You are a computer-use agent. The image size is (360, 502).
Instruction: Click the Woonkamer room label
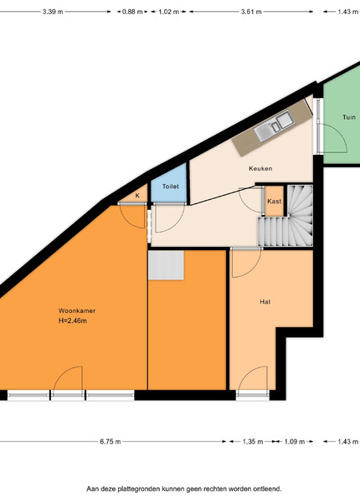(x=77, y=310)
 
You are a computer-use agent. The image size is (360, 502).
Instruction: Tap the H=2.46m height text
(x=73, y=320)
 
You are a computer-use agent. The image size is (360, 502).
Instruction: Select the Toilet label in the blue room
(x=171, y=187)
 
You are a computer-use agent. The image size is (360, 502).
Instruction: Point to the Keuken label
(x=260, y=168)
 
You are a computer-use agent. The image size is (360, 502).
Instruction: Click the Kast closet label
(x=274, y=201)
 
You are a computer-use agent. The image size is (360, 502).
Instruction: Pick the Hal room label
(x=265, y=301)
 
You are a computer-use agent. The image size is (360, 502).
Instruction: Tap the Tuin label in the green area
(x=349, y=117)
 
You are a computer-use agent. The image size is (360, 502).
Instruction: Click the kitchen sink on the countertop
(x=274, y=125)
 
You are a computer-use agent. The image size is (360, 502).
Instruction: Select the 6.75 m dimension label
(x=111, y=442)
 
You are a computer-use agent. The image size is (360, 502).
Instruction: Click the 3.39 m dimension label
(x=53, y=12)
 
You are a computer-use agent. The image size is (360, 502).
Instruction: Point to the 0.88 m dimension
(x=132, y=12)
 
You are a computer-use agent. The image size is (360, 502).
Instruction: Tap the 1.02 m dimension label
(x=169, y=12)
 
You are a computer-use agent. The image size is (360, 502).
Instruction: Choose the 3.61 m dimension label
(x=251, y=12)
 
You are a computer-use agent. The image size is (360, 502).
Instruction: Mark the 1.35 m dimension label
(x=253, y=442)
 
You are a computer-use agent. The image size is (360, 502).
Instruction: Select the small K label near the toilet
(x=137, y=196)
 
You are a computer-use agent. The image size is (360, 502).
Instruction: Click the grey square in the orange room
(x=166, y=265)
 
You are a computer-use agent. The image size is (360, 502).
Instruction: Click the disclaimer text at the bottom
(x=184, y=489)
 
